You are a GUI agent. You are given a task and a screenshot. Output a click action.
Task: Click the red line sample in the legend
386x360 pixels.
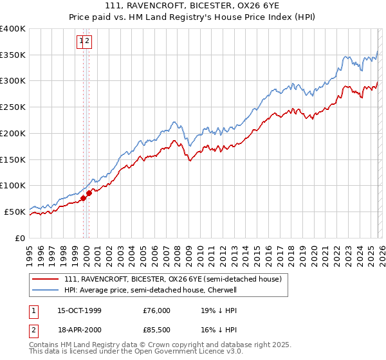coord(46,280)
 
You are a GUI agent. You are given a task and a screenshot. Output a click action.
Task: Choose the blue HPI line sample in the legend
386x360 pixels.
coord(46,291)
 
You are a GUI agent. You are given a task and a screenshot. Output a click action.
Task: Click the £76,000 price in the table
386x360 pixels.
coord(156,310)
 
